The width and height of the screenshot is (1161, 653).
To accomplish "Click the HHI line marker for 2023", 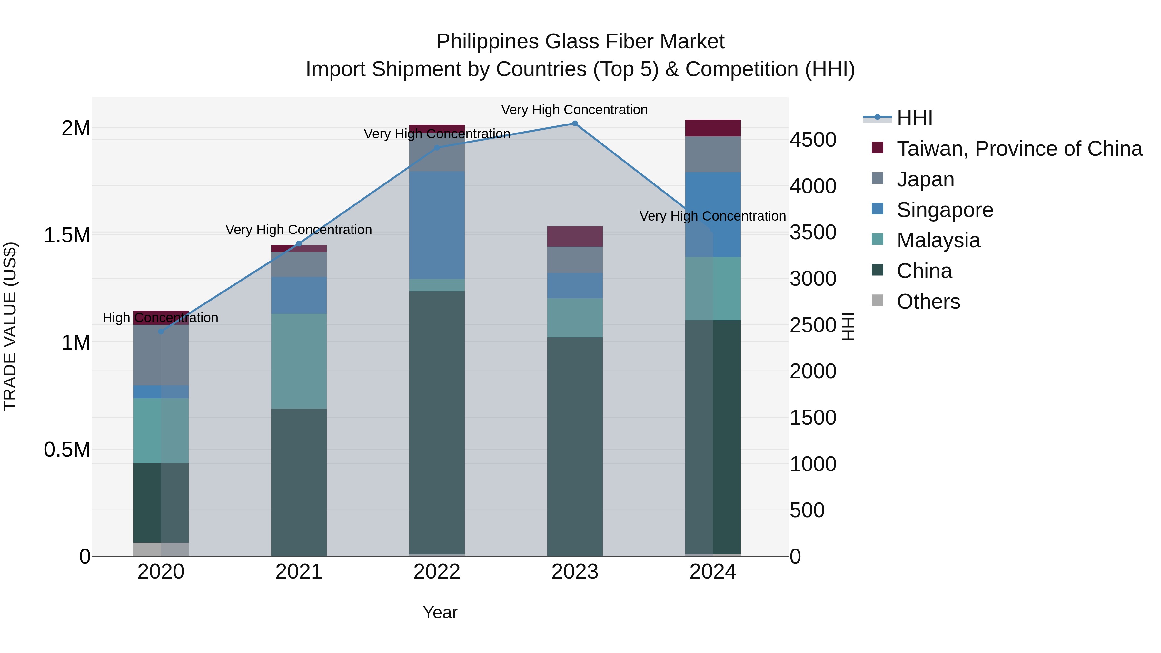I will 575,124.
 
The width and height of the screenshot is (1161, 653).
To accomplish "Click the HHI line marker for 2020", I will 161,332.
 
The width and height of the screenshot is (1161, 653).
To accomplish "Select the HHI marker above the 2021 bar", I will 299,244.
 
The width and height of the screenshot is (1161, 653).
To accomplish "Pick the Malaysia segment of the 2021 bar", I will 299,361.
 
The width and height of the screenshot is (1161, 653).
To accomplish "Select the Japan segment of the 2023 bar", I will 575,260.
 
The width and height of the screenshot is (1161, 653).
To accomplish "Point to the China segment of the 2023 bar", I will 575,446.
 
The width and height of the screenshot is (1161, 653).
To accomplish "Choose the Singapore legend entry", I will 945,210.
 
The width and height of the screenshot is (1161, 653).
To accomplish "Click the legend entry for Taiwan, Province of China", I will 1019,149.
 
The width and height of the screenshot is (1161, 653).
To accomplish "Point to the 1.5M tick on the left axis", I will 67,235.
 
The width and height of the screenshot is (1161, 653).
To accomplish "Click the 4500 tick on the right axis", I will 813,140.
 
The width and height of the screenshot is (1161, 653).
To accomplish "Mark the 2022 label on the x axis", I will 437,572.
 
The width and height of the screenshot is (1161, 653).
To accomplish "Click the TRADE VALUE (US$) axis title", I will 10,326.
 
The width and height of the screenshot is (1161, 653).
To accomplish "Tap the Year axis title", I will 440,612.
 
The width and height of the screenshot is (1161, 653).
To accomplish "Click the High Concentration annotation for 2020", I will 161,318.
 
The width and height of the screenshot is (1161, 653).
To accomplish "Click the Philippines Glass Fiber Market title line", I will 580,42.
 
